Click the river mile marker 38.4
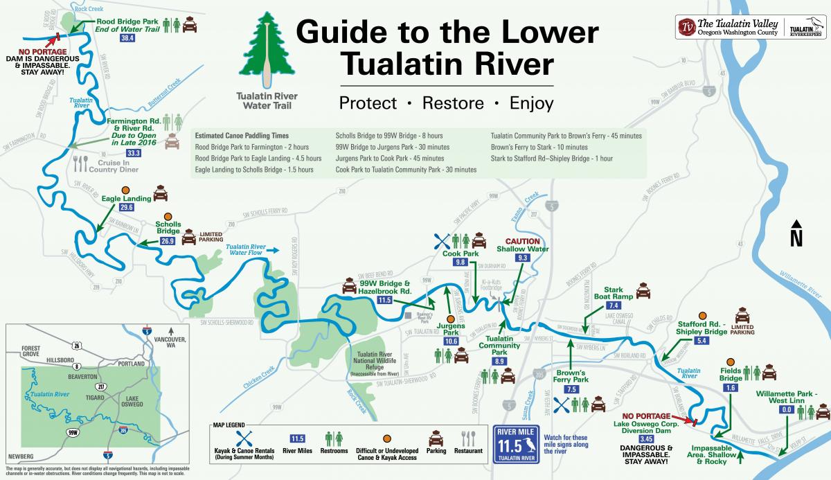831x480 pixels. (x=127, y=39)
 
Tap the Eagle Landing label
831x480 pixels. (x=126, y=199)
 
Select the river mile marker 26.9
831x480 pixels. (x=168, y=242)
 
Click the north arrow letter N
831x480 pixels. (x=797, y=239)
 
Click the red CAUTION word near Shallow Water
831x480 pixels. (x=522, y=240)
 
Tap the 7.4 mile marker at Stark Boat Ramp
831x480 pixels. (x=613, y=305)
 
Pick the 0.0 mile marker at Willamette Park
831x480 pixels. (x=786, y=410)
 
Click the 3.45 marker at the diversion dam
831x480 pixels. (x=645, y=439)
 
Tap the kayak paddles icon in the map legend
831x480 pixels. (x=244, y=438)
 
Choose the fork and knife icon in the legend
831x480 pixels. (x=469, y=438)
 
